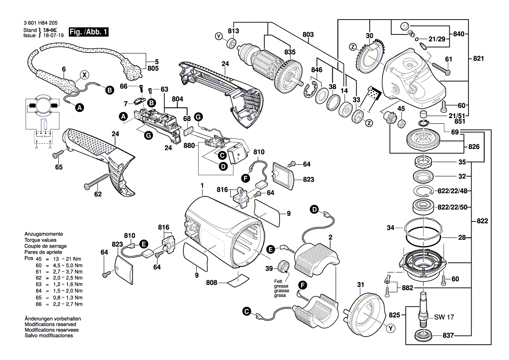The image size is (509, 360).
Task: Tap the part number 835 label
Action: pyautogui.click(x=290, y=52)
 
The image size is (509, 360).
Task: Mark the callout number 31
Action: pyautogui.click(x=360, y=285)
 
